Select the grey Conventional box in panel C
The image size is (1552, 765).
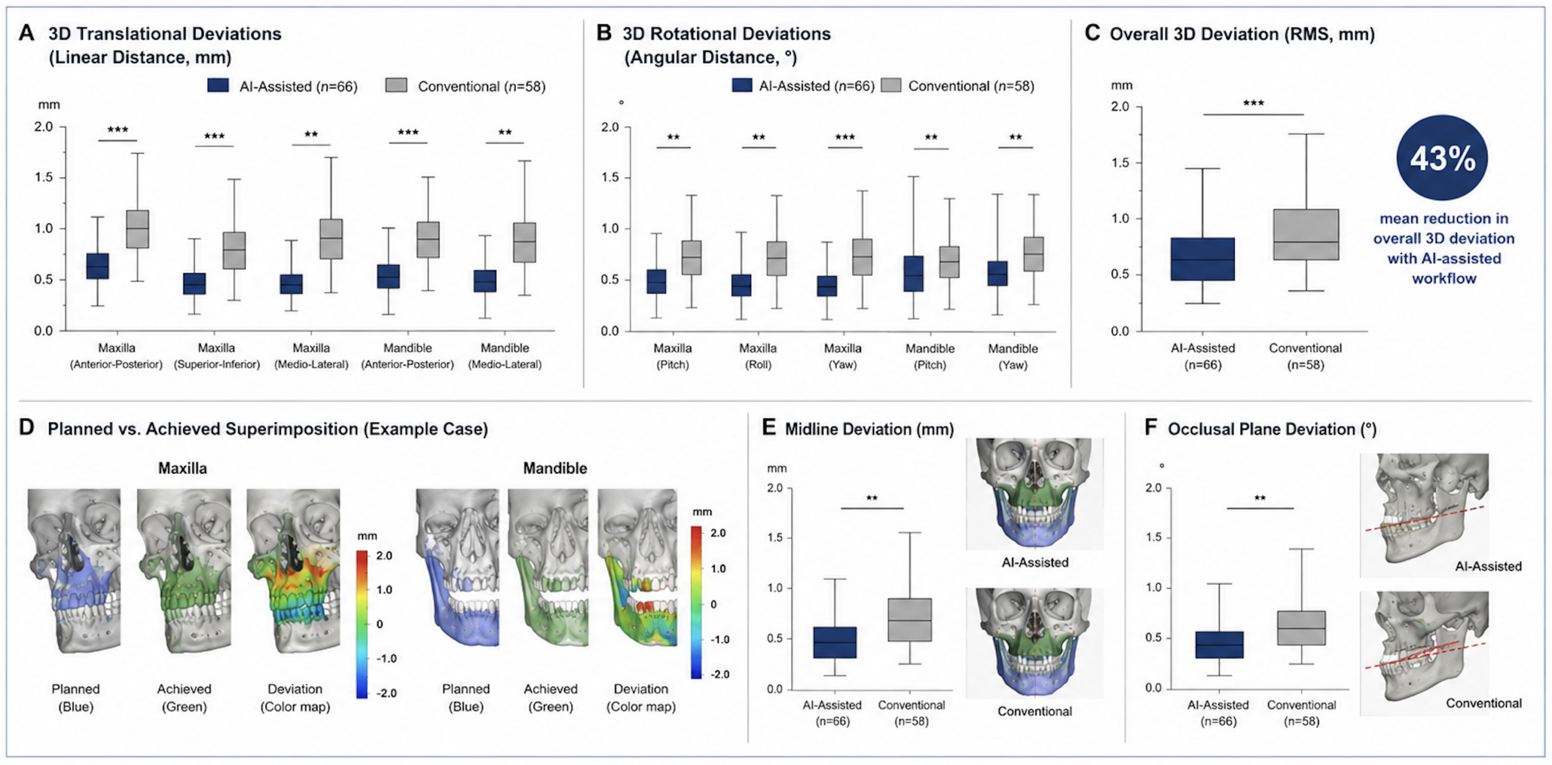(1305, 235)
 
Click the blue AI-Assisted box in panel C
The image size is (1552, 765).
(1202, 259)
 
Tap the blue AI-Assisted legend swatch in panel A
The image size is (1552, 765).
(218, 85)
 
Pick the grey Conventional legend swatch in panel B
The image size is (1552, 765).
(891, 85)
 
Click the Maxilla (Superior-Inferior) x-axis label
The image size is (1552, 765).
(216, 356)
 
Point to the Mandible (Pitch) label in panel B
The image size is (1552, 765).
(930, 356)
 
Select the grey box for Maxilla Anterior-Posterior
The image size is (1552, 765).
(138, 229)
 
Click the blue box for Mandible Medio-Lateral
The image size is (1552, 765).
(485, 281)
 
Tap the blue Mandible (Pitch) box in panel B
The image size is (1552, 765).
(913, 274)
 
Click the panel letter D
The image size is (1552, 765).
(26, 427)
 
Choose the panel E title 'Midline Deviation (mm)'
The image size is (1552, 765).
(869, 429)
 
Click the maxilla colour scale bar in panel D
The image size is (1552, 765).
(361, 624)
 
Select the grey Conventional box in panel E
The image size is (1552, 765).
(909, 620)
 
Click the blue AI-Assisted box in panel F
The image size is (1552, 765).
(1219, 645)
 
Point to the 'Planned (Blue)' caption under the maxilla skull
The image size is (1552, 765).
(76, 698)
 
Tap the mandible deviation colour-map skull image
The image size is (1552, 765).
(637, 567)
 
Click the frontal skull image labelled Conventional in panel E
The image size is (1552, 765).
(1034, 643)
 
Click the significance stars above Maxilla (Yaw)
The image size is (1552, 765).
(845, 138)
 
